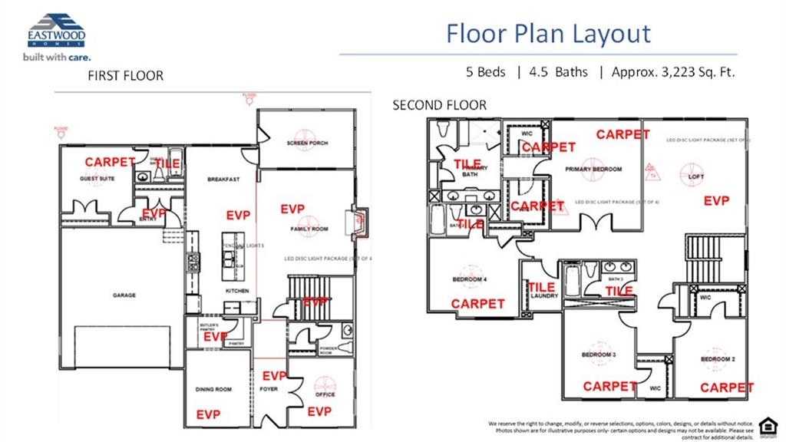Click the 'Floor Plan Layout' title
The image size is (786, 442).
click(548, 34)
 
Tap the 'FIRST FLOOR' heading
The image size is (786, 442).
click(125, 76)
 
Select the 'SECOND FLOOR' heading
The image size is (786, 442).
click(439, 105)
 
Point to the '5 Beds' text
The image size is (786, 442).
click(485, 72)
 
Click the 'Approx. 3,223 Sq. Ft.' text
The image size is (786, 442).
click(673, 72)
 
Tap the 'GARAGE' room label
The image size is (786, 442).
click(124, 295)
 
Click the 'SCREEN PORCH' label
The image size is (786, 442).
click(307, 143)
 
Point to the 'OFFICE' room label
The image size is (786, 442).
click(325, 395)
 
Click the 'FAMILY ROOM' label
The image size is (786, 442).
click(309, 229)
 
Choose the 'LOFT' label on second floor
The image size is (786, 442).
click(696, 176)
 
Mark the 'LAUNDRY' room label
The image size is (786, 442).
click(543, 295)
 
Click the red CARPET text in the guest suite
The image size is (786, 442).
click(110, 163)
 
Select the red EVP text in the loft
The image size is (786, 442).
click(717, 201)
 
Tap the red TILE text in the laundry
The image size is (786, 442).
click(541, 287)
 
